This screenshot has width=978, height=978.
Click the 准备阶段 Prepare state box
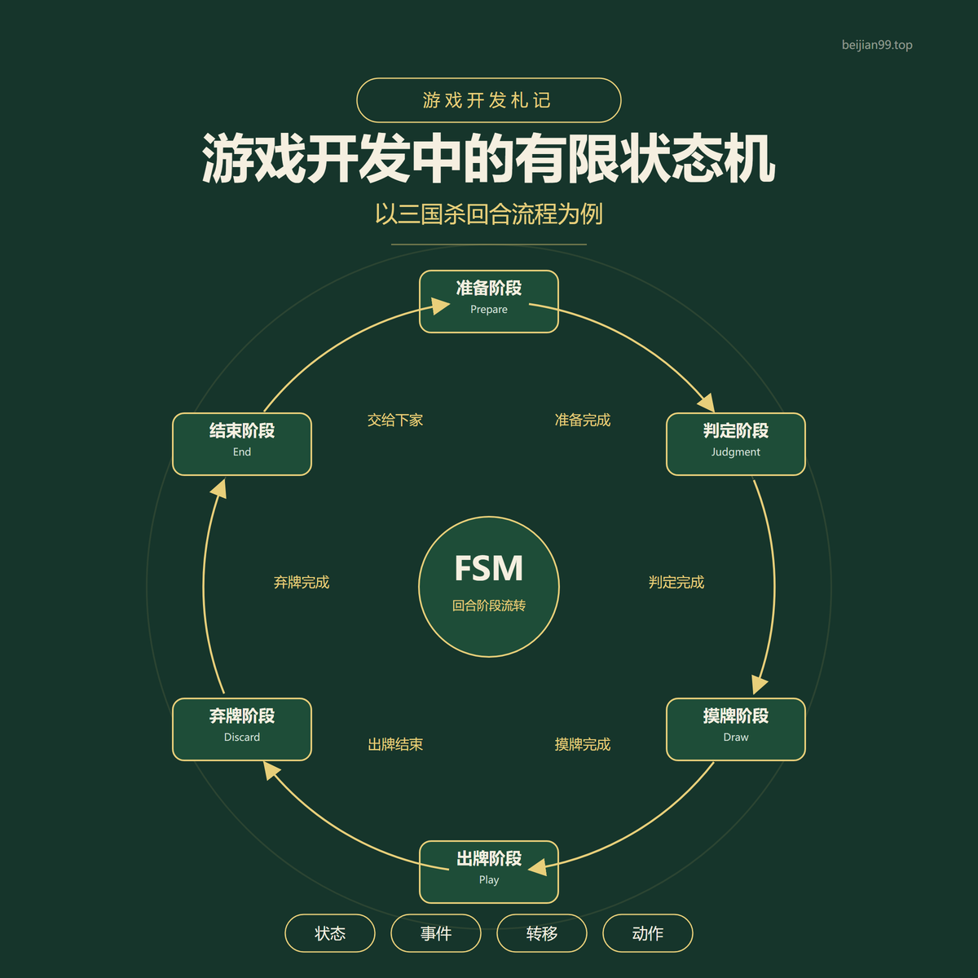click(x=489, y=302)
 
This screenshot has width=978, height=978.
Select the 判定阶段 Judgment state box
click(x=735, y=444)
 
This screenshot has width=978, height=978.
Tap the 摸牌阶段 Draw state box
click(x=735, y=729)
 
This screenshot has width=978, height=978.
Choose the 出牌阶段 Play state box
click(x=489, y=872)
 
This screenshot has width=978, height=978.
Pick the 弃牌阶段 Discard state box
click(x=242, y=729)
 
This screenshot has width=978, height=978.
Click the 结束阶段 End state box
click(x=242, y=444)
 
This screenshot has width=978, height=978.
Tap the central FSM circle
click(x=489, y=587)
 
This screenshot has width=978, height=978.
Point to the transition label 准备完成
click(x=583, y=421)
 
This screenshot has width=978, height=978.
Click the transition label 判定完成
click(x=676, y=582)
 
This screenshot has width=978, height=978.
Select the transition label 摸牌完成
click(x=583, y=745)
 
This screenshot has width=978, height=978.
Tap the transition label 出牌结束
click(x=395, y=745)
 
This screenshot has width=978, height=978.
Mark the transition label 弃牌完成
click(x=302, y=582)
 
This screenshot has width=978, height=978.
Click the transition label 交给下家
click(x=395, y=421)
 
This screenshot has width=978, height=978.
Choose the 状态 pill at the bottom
click(x=330, y=933)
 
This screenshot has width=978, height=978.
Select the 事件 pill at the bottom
click(x=436, y=933)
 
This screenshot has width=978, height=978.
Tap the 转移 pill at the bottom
click(x=542, y=933)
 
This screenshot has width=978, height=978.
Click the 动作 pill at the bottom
click(x=648, y=933)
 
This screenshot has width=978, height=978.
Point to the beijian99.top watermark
click(x=877, y=45)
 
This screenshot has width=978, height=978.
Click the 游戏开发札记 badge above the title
click(x=489, y=100)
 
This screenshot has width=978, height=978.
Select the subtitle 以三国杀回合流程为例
click(x=489, y=214)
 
